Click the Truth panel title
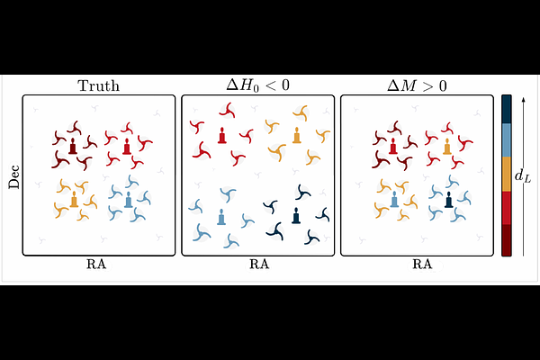point(99,85)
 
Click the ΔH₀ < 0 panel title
point(258,85)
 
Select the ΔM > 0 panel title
point(417,85)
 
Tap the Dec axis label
point(14,177)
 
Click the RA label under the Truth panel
point(96,265)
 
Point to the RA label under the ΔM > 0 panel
point(422,265)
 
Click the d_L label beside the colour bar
point(522,176)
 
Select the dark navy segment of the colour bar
point(506,109)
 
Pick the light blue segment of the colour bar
point(506,139)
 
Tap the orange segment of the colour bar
point(506,174)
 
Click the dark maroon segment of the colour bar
point(506,240)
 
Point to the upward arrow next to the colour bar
point(523,176)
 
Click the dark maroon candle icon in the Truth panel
point(73,146)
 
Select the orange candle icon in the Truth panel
point(74,199)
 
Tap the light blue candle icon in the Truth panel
point(128,199)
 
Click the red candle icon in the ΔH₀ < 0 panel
point(222,135)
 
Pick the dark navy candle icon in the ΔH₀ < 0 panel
point(296,215)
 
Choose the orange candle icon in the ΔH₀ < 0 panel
point(296,135)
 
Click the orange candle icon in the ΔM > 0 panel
point(447,146)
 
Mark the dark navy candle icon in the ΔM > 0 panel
point(448,200)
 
